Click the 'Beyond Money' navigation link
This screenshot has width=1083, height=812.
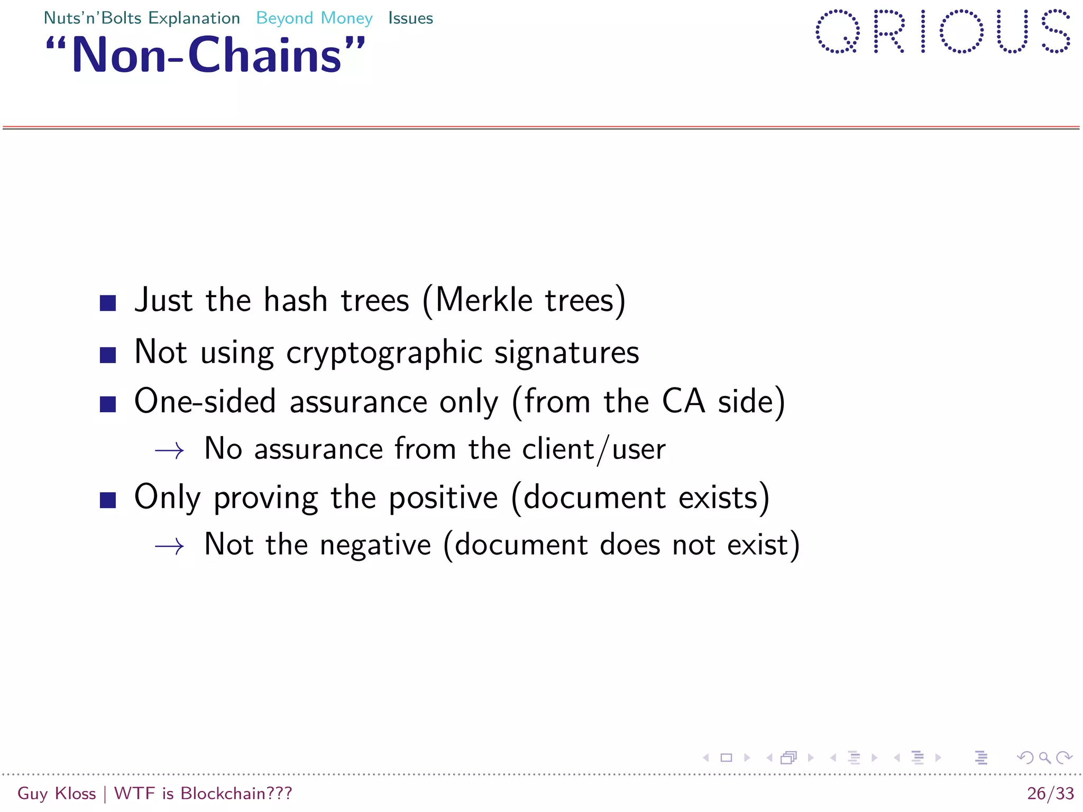point(314,19)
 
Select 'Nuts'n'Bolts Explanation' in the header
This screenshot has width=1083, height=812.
point(142,19)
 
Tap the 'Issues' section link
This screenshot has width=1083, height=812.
point(410,19)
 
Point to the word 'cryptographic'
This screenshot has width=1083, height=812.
point(384,353)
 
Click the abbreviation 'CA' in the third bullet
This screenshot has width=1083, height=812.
point(683,401)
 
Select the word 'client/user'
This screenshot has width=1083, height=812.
point(594,449)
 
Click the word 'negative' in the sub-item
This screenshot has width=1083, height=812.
point(375,545)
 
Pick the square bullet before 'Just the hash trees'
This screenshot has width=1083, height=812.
point(108,303)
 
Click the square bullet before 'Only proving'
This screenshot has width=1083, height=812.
point(108,500)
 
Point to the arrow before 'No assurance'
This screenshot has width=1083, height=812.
point(169,451)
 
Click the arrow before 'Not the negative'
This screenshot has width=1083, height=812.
point(169,546)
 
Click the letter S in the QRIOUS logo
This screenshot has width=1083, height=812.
point(1056,32)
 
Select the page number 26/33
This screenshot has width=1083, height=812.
point(1050,793)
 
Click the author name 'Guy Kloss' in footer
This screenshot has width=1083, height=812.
point(57,793)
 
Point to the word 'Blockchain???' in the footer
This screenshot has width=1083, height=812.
point(236,793)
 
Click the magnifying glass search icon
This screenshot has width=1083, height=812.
point(1044,758)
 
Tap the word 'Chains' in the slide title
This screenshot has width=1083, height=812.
point(264,56)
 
